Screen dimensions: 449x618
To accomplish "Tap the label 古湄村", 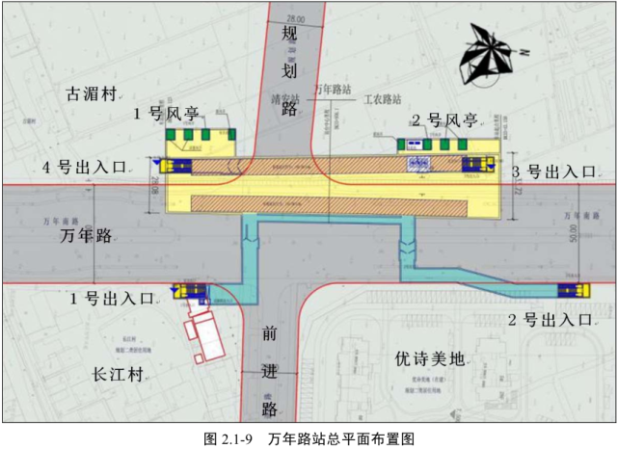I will [x=91, y=94].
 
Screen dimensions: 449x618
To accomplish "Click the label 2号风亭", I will [x=444, y=120].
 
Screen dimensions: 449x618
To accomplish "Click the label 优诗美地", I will [x=430, y=359].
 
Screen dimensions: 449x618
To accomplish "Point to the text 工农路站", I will [x=381, y=98].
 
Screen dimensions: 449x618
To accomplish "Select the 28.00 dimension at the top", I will [x=294, y=18].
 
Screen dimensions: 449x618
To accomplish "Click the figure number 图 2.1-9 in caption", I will [x=228, y=438].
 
